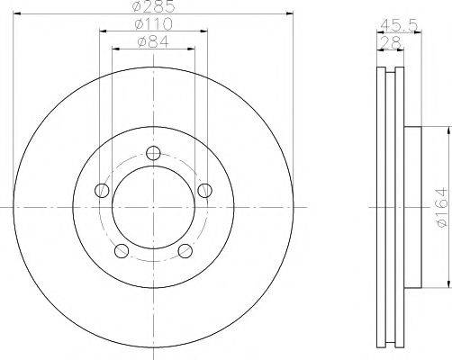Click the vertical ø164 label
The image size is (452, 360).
point(438,206)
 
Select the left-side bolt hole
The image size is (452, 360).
point(102,190)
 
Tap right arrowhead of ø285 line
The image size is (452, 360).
point(290,13)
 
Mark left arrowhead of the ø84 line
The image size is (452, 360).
point(115,48)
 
